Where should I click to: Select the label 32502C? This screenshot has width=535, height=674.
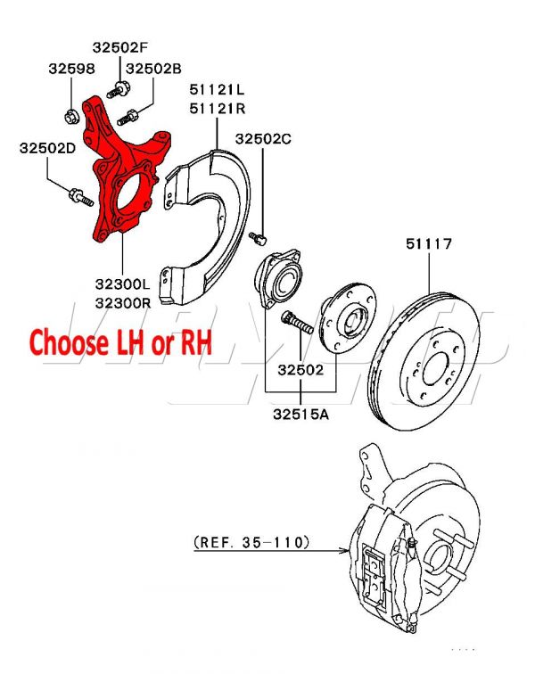tap(264, 138)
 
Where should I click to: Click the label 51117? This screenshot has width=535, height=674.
tap(430, 242)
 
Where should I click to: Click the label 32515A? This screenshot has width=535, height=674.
tap(300, 413)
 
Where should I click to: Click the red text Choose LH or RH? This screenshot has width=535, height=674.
tap(121, 341)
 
